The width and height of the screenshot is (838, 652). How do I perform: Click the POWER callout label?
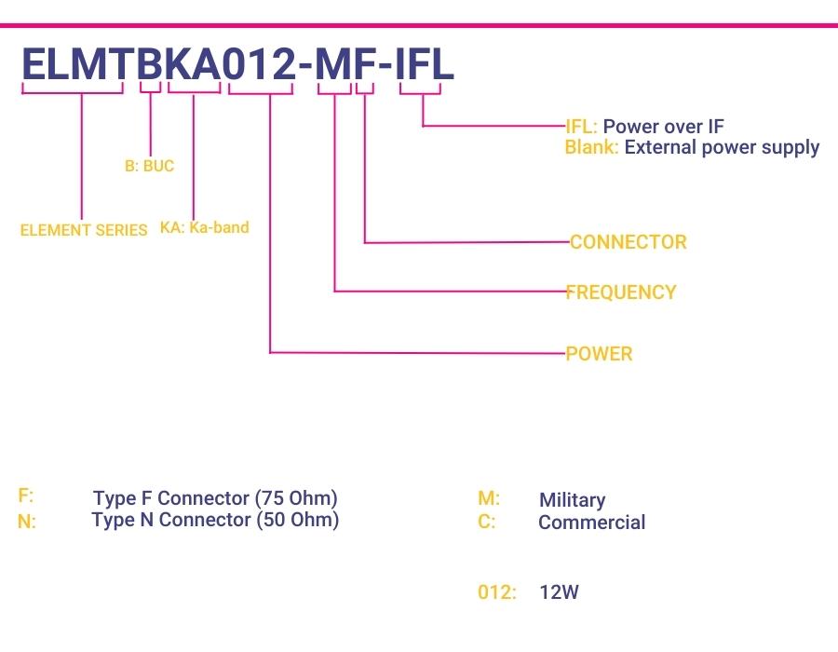coord(599,354)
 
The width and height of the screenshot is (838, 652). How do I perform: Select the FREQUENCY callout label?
coord(621,292)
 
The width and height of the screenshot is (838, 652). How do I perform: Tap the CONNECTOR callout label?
coord(628,242)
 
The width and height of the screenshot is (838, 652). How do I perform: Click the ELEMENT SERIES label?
coord(84,230)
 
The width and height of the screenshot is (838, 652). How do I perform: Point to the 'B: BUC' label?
coord(150,166)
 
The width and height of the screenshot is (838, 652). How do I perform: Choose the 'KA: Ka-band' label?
coord(205,227)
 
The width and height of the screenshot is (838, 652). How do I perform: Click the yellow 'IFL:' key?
coord(581,127)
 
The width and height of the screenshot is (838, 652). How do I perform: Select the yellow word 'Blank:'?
coord(592,147)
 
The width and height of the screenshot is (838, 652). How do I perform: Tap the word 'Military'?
coord(573,500)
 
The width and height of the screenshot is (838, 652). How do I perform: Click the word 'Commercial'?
coord(592,523)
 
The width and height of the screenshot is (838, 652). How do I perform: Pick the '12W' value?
coord(559,592)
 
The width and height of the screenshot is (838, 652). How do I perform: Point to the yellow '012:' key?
coord(497,592)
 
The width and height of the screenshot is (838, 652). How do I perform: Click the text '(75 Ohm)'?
coord(296,498)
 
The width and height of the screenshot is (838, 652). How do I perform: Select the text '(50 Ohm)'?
coord(298,520)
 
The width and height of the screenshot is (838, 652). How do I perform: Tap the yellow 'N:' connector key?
coord(27,521)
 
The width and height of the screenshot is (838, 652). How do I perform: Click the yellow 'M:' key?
coord(489,498)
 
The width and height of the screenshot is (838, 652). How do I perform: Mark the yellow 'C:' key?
coord(487,521)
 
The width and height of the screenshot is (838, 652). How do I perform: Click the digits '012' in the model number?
coord(259,64)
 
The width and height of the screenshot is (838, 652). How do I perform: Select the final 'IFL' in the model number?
coord(425,64)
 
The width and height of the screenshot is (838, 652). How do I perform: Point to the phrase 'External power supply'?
coord(722,147)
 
